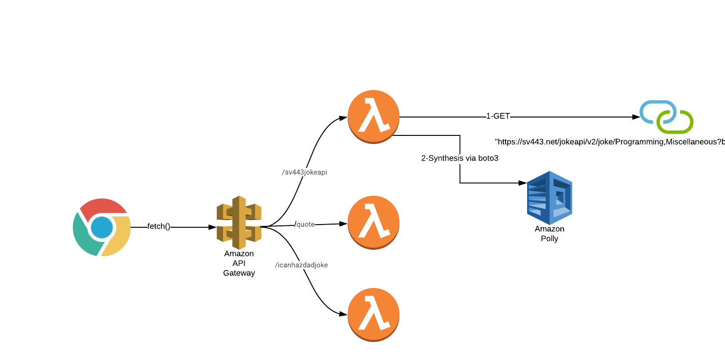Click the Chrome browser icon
(x=102, y=227)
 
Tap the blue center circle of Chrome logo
(x=102, y=227)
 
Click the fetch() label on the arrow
(x=158, y=226)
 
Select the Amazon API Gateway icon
(x=239, y=222)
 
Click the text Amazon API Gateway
(x=239, y=263)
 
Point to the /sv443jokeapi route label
(x=304, y=172)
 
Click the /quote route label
(x=305, y=224)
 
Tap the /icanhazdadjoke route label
(x=301, y=265)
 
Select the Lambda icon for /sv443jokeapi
(x=373, y=117)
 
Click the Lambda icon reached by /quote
(x=373, y=222)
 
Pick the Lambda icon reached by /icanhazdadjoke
(x=373, y=315)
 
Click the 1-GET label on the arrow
(x=498, y=116)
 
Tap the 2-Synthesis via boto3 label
(x=460, y=158)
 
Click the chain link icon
(x=666, y=117)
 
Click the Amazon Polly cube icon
(x=549, y=198)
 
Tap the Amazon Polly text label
(x=549, y=234)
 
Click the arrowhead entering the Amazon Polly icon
(x=522, y=183)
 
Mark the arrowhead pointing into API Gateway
(x=212, y=227)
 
